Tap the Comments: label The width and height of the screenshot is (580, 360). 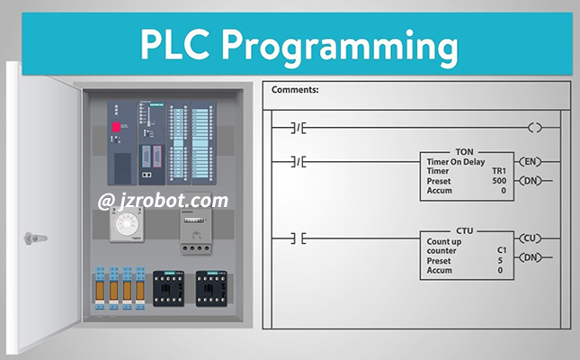click(294, 90)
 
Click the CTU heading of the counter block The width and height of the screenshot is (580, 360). click(465, 230)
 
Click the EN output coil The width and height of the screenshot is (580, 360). click(531, 162)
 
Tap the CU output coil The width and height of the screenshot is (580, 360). click(531, 238)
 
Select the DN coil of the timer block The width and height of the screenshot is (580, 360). click(531, 180)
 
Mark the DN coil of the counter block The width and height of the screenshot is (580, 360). click(531, 258)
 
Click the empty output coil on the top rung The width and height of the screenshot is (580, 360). click(536, 128)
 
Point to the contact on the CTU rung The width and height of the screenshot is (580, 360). click(299, 238)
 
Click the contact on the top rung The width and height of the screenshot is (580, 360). click(299, 128)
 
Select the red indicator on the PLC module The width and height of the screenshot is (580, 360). click(115, 127)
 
